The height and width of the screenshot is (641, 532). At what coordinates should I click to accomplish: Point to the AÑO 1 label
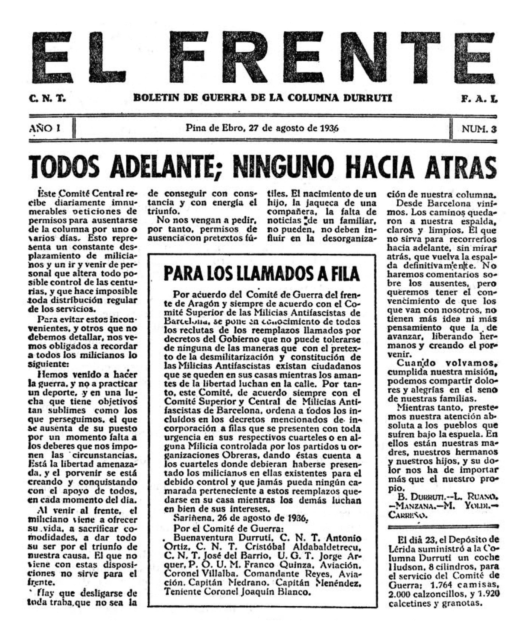tap(44, 128)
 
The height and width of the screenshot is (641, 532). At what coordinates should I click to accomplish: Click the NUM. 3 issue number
tap(479, 129)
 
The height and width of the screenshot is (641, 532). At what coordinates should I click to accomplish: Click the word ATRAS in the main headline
tap(460, 168)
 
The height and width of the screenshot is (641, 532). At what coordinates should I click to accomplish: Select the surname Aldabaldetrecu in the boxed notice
tap(325, 547)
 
